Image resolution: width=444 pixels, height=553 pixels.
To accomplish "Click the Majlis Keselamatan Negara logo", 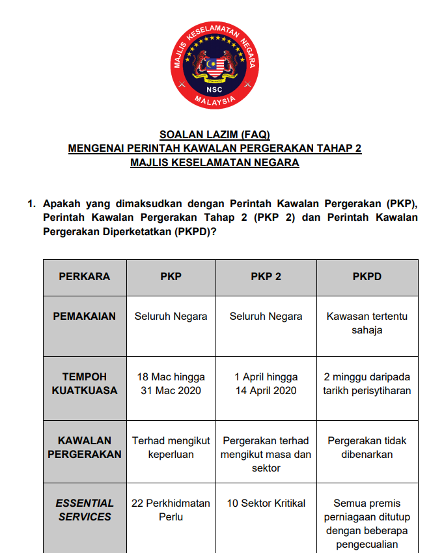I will coord(214,64).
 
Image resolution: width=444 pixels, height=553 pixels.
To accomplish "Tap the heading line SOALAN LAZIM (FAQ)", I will coord(214,135).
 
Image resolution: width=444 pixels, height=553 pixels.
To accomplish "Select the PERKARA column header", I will coord(85,276).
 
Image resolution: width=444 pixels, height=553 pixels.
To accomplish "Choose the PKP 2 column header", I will coord(266,276).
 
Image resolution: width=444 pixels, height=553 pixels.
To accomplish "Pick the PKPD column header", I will coord(367,276).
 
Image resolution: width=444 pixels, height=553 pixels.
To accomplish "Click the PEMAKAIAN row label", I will coord(85,316).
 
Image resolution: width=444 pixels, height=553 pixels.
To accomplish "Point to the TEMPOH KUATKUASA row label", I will coord(85,384).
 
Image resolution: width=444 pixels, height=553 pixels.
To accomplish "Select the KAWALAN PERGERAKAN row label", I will coord(85,447).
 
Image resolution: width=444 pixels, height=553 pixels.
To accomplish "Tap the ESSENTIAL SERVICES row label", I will coord(85,510).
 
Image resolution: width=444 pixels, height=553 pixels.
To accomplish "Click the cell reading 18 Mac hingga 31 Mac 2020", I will coord(171,384).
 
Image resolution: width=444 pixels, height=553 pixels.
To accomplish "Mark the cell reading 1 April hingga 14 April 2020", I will coord(266,384).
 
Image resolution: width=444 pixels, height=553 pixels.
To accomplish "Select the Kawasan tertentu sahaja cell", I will coord(367,323).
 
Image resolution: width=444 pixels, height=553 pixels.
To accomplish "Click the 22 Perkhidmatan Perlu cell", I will coord(171,510).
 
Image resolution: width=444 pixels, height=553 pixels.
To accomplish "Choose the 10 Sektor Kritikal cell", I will coord(266,503).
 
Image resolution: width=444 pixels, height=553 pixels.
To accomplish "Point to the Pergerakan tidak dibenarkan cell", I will coord(367,447).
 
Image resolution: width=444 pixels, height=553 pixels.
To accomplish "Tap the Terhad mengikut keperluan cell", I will coord(171,447).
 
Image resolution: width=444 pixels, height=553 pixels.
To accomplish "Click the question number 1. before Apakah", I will coord(31,203).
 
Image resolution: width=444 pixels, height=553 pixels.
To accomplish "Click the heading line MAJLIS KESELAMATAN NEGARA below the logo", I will coord(214,162).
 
